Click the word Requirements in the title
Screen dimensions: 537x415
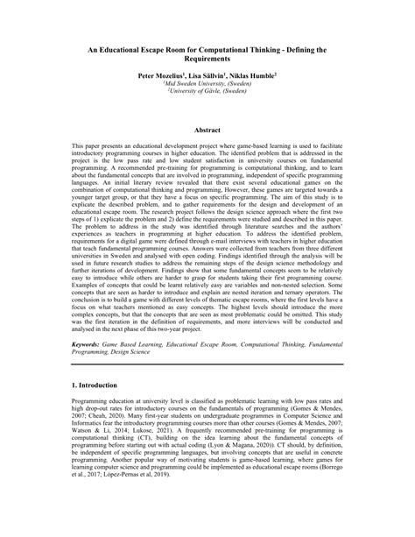pyautogui.click(x=207, y=63)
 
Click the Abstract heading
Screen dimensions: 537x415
pyautogui.click(x=207, y=129)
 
